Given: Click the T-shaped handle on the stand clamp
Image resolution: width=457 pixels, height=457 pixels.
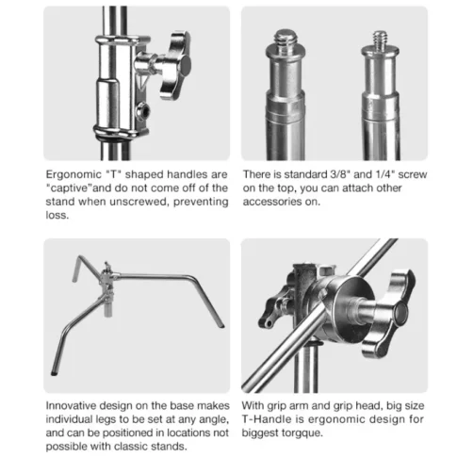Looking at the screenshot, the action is coord(174,64).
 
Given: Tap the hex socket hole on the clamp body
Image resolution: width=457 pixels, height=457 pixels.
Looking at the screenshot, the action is coord(142,112).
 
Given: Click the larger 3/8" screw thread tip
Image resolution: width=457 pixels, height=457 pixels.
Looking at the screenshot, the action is coord(285,38).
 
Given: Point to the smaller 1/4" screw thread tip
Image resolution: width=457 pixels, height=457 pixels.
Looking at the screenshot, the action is coord(381,40).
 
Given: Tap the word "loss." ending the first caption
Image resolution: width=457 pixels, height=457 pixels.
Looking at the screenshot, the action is coord(57,215).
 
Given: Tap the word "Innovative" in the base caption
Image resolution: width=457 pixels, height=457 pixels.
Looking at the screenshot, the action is coord(71,405).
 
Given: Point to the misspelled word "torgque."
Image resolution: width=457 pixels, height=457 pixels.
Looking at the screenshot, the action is coord(302,433).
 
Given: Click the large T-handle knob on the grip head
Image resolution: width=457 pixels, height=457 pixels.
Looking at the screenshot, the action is coord(390,314).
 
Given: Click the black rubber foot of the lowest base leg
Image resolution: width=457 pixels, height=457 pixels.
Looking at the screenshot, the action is coord(54,373).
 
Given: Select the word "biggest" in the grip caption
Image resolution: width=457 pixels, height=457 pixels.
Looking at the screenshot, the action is coord(260,433).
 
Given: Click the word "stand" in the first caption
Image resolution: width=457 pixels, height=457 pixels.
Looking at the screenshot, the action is coord(60,202).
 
